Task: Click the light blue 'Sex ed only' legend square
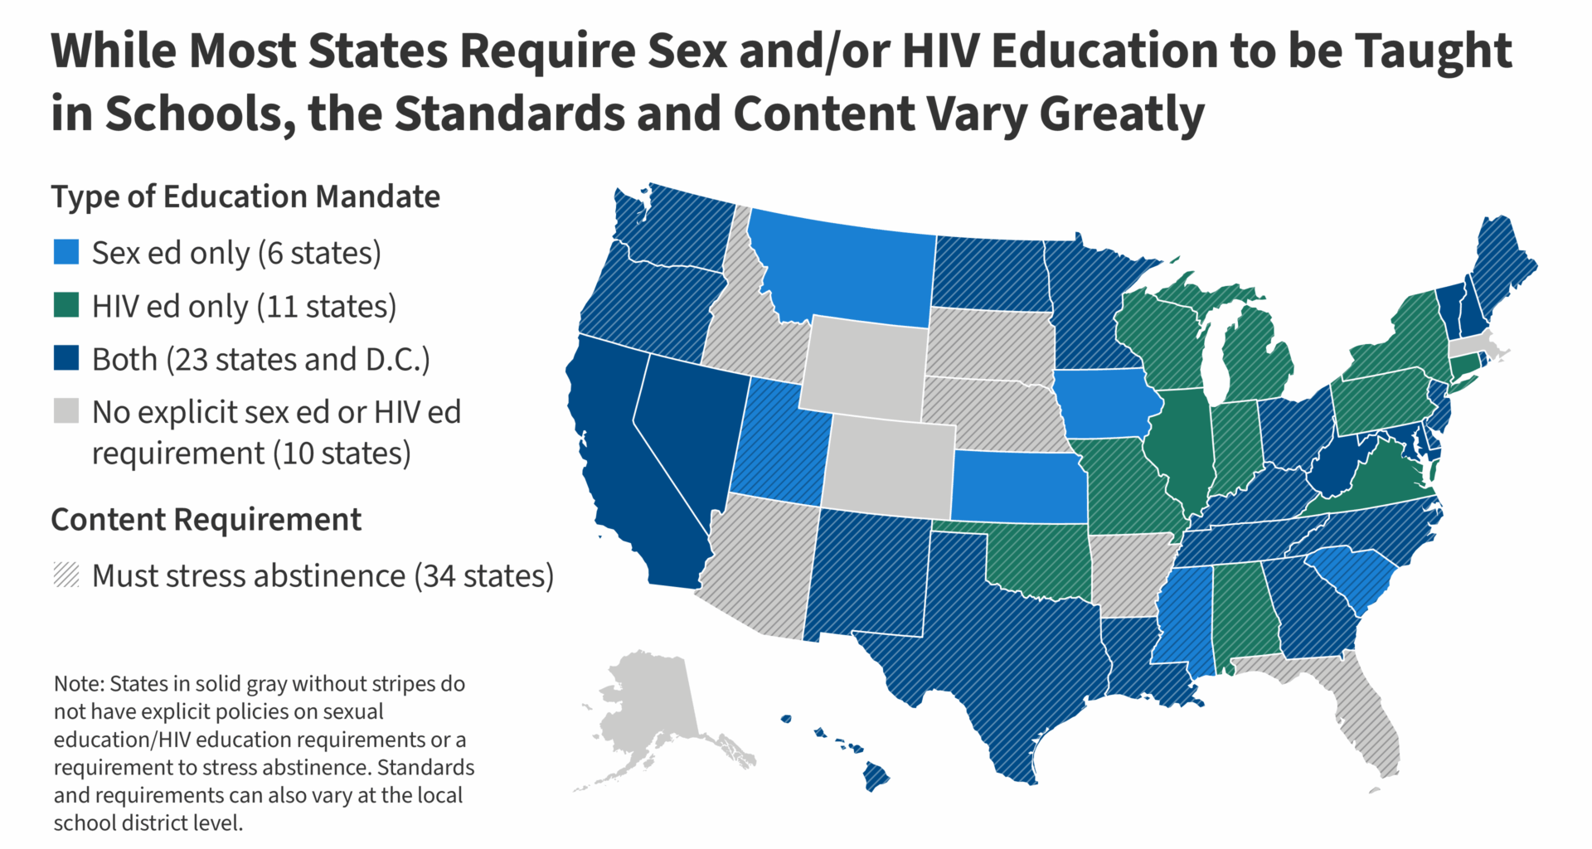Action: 66,252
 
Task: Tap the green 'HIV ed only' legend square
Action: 66,305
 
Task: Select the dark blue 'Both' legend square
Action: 66,358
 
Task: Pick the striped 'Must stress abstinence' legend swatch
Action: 66,575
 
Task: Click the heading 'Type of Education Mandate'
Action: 245,197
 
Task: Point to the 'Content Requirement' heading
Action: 206,520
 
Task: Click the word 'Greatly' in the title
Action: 1122,114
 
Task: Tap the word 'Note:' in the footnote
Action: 79,684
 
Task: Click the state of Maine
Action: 1501,265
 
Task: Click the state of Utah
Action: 784,444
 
